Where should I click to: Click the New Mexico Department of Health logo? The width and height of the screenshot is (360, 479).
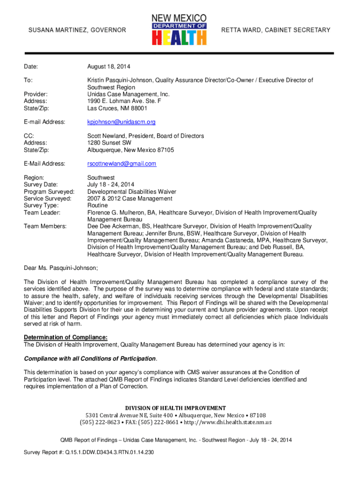pyautogui.click(x=179, y=29)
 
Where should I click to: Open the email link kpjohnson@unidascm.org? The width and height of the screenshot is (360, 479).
pyautogui.click(x=122, y=122)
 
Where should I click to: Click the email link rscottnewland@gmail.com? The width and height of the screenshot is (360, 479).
pyautogui.click(x=122, y=164)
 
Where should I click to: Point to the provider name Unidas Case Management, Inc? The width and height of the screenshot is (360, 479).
pyautogui.click(x=129, y=94)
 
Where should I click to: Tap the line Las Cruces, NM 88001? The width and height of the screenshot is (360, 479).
pyautogui.click(x=117, y=108)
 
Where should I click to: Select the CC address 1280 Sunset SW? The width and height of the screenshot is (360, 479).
pyautogui.click(x=109, y=143)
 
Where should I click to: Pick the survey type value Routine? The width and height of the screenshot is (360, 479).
pyautogui.click(x=97, y=205)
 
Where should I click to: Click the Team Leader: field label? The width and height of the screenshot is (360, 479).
pyautogui.click(x=43, y=212)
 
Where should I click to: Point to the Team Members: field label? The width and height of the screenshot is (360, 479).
pyautogui.click(x=45, y=226)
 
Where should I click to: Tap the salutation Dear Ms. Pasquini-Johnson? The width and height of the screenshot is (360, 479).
pyautogui.click(x=61, y=268)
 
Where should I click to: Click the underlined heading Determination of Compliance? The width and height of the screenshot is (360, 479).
pyautogui.click(x=65, y=338)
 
